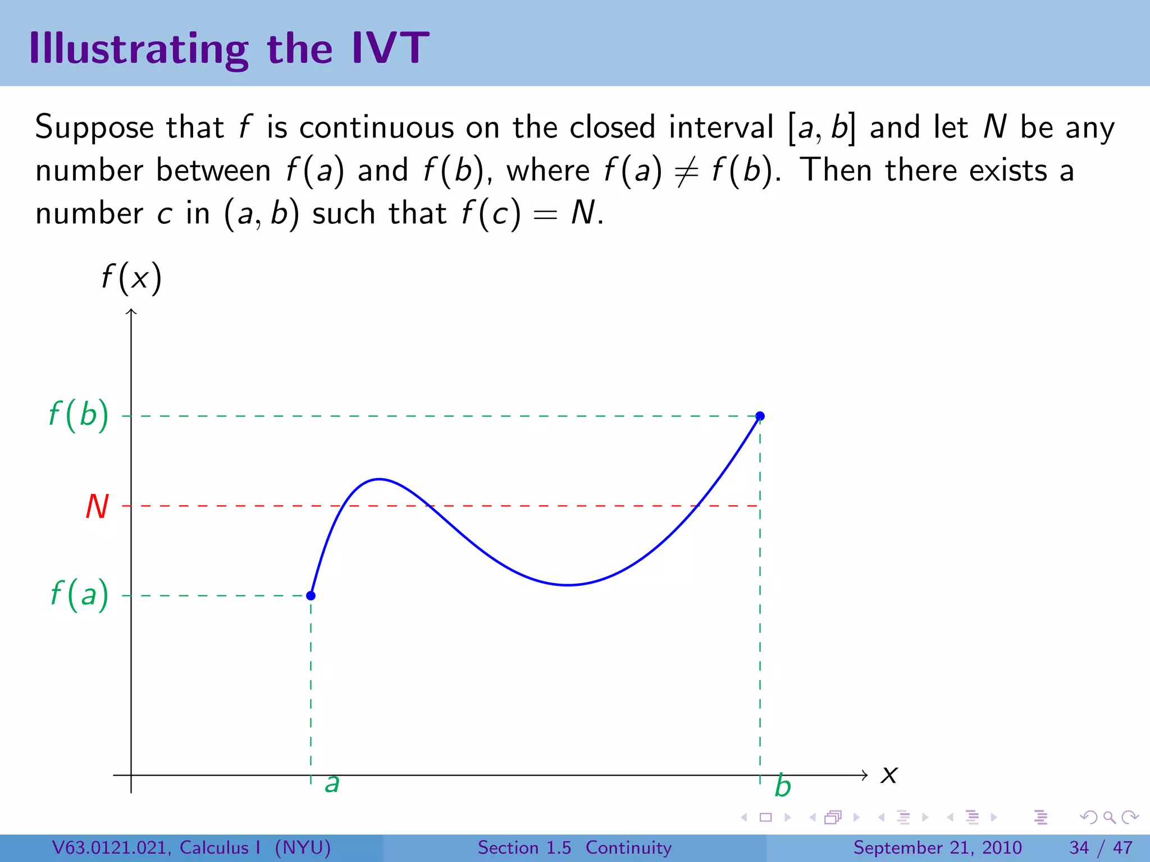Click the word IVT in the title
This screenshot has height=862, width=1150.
tap(390, 48)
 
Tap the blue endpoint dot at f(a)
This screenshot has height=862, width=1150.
tap(311, 595)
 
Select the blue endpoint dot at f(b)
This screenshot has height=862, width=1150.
tap(760, 416)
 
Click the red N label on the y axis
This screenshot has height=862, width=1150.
tap(97, 506)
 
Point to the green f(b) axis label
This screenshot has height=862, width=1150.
tap(79, 416)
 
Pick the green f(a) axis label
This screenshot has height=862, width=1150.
tap(79, 595)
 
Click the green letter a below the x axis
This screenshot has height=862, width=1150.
tap(332, 784)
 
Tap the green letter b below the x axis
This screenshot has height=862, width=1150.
tap(782, 786)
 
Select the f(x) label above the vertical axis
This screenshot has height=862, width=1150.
tap(131, 278)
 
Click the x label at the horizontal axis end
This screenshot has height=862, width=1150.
tap(889, 776)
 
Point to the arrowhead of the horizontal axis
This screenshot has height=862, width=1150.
tap(865, 776)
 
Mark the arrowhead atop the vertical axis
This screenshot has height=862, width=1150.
tap(131, 311)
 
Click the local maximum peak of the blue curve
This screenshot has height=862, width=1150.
tap(380, 479)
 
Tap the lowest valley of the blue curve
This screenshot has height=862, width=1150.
tap(568, 585)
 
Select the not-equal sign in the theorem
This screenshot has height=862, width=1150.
tap(686, 172)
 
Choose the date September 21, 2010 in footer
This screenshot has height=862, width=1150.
tap(937, 847)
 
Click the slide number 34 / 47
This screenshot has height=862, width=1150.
tap(1101, 847)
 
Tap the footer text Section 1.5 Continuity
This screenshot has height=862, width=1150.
tap(574, 847)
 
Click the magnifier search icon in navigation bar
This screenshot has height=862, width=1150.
tap(1109, 817)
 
